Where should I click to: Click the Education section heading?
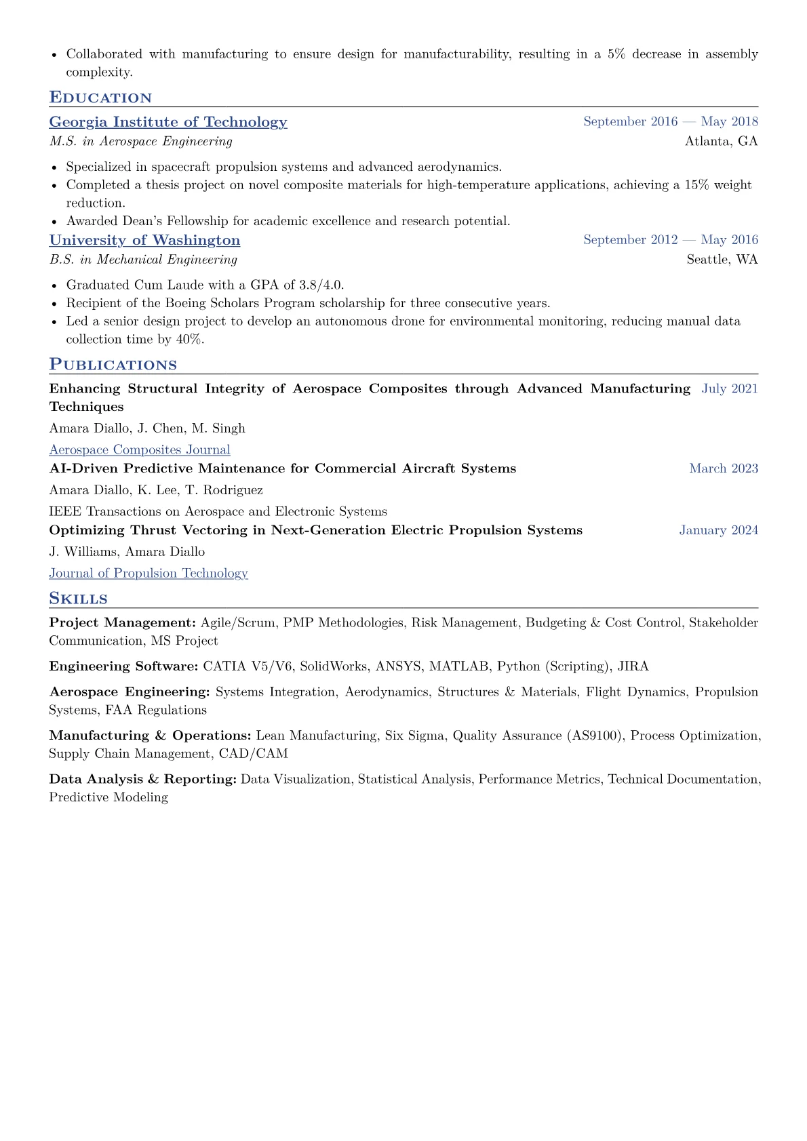coord(100,98)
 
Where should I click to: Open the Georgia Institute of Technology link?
coord(168,122)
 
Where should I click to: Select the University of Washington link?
coord(144,240)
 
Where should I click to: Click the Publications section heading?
coord(113,365)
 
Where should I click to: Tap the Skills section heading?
coord(78,599)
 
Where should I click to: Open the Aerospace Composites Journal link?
coord(140,449)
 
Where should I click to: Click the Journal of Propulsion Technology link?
coord(149,573)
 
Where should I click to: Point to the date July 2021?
coord(730,388)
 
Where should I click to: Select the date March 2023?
coord(724,468)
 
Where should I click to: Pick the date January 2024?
coord(719,530)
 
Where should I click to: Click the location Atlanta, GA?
coord(722,141)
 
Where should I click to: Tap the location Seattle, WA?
coord(722,259)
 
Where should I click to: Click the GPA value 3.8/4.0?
coord(321,285)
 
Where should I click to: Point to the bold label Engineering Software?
coord(123,666)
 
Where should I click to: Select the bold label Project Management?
coord(122,622)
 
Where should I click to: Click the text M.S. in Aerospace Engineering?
coord(141,141)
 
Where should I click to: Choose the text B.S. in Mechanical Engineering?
coord(143,259)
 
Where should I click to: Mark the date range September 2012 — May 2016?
coord(671,240)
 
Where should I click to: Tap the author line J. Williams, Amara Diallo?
coord(127,552)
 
